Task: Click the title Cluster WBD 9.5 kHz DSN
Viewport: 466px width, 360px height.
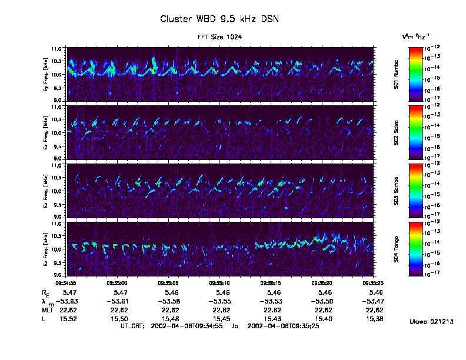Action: tap(219, 19)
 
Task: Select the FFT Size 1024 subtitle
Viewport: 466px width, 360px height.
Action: tap(219, 37)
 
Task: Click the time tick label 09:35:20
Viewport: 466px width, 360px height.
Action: tap(322, 282)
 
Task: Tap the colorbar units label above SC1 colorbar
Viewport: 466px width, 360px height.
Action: tap(415, 36)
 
